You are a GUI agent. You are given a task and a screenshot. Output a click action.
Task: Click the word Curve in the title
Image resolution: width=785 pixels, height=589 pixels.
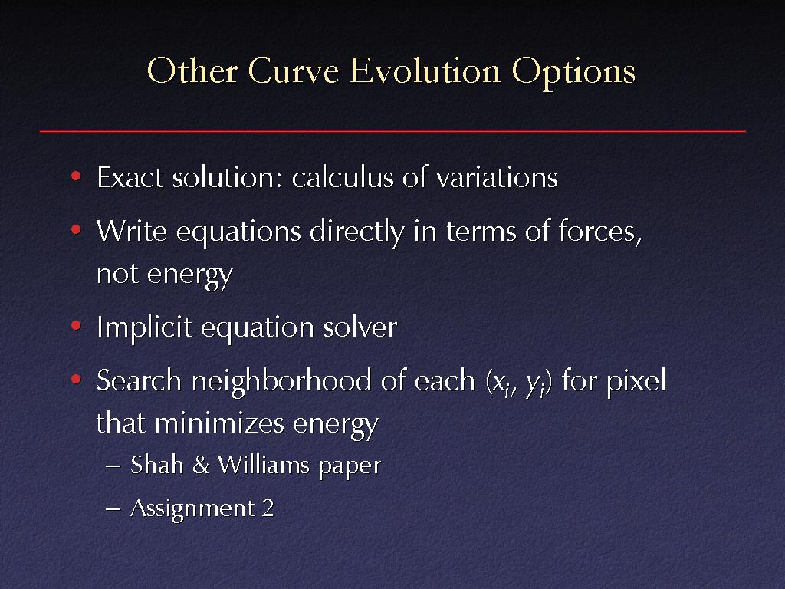coord(294,71)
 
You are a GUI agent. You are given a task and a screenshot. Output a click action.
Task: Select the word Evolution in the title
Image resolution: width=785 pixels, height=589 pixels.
coord(425,71)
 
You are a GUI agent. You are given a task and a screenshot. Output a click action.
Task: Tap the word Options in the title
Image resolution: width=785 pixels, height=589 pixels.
coord(573,73)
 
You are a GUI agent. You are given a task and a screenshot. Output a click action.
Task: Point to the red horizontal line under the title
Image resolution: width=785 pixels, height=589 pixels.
coord(392,131)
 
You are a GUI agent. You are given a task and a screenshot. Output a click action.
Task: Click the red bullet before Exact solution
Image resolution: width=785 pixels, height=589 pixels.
coord(76,176)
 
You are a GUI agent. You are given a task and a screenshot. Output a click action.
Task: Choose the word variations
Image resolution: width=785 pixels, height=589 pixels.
coord(496,177)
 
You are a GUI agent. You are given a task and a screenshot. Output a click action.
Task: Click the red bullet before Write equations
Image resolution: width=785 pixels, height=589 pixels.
coord(76,230)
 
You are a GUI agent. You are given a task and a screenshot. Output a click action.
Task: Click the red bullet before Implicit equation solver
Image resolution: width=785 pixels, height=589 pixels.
coord(76,326)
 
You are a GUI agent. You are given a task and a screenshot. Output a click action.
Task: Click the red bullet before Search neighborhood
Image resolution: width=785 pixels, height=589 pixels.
coord(76,379)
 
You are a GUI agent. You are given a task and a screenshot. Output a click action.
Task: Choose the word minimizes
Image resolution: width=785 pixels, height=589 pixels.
coord(220,423)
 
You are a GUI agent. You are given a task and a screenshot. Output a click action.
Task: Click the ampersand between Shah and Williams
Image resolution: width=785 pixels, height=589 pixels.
coord(200,466)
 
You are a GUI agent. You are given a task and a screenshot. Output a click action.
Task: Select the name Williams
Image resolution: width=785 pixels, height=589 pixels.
coord(264,466)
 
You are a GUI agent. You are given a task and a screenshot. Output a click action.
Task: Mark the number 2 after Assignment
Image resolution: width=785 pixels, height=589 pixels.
coord(268,508)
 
